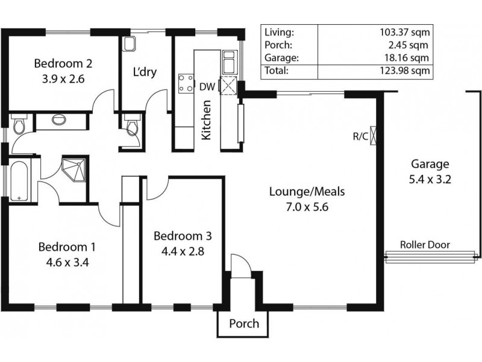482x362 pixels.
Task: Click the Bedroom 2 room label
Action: [63, 63]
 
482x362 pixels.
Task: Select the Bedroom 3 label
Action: [181, 235]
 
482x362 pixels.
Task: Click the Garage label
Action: [430, 164]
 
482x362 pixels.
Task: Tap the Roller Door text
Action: [425, 245]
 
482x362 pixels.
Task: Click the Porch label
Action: [244, 323]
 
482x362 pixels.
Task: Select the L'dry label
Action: [145, 72]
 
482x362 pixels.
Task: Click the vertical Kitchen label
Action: [206, 120]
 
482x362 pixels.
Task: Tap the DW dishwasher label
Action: [207, 87]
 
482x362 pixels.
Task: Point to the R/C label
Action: [360, 136]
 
